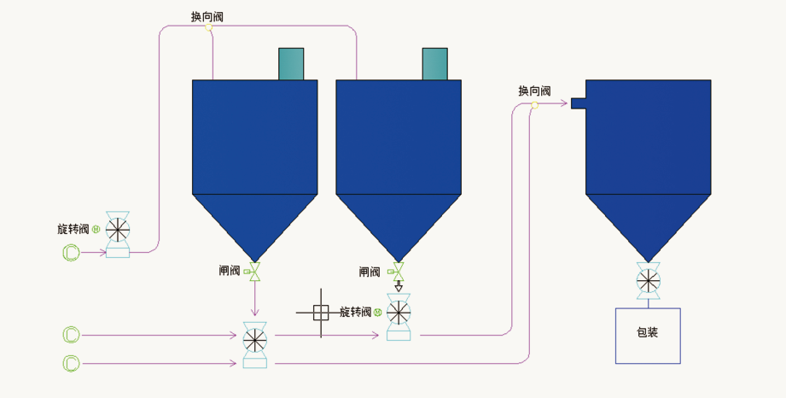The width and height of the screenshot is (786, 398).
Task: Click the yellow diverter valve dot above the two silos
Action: pos(208,26)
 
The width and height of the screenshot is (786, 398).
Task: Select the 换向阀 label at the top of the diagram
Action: pos(208,16)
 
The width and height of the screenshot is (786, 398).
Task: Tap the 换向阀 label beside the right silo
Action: pos(534,91)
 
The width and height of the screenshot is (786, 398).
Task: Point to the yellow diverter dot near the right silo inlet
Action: pos(534,105)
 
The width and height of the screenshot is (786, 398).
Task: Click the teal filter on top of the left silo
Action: pos(291,64)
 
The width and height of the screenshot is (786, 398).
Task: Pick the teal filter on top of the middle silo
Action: pos(434,64)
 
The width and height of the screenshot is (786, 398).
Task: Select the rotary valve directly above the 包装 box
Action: pos(649,280)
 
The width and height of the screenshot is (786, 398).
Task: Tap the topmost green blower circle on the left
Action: pos(71,252)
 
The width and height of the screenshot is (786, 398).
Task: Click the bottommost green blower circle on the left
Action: pos(71,364)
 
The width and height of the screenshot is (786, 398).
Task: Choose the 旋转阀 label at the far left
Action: pos(73,229)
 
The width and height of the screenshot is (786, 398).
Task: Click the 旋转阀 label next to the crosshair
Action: pos(355,313)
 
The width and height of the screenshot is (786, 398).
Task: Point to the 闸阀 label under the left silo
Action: pos(229,272)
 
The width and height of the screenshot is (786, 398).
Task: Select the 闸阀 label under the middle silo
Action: pos(370,272)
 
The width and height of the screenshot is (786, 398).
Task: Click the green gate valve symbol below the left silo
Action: pos(253,272)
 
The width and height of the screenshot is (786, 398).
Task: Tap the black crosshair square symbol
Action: pos(321,313)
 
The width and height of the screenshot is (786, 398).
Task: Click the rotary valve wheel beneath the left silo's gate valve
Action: pos(254,340)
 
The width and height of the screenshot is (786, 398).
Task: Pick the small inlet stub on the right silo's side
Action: pos(578,104)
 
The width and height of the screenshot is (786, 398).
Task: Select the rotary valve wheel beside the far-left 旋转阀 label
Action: pos(118,229)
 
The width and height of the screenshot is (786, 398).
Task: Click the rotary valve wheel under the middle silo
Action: pos(398,313)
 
